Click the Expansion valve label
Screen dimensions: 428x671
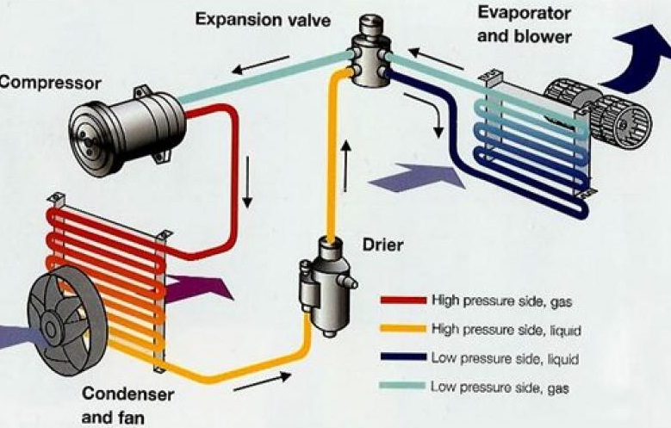tap(263, 18)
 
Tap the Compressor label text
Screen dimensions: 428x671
tap(50, 83)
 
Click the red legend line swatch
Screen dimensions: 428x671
tap(403, 301)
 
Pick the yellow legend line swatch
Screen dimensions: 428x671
tap(403, 329)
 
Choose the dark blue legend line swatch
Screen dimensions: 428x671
tap(403, 357)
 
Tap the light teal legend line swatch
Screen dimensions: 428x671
tap(403, 387)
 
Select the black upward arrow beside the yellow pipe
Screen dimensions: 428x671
tap(347, 167)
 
